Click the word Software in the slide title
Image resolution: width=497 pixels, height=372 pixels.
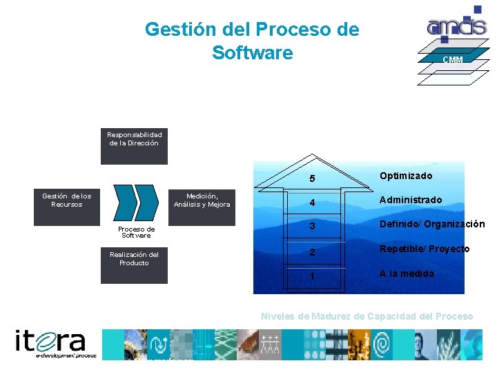click(252, 52)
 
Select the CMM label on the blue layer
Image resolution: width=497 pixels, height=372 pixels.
click(453, 60)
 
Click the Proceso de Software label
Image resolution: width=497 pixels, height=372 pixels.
click(136, 232)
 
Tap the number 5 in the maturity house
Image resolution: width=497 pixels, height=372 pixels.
click(312, 179)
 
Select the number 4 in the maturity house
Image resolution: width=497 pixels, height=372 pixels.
click(312, 203)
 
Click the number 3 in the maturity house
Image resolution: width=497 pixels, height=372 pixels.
click(312, 227)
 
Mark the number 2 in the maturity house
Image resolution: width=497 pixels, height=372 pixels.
click(312, 252)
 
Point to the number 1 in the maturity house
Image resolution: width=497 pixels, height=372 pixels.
click(312, 276)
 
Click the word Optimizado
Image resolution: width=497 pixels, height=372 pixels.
click(406, 176)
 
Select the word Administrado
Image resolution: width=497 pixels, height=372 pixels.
click(411, 200)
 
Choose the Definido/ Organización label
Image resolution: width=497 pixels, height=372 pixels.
click(431, 224)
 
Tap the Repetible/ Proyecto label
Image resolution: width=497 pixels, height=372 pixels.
click(425, 249)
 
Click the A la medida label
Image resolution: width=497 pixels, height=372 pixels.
click(407, 273)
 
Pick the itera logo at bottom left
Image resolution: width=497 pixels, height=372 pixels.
click(55, 344)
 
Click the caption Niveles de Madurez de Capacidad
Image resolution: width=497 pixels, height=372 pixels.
click(367, 316)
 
